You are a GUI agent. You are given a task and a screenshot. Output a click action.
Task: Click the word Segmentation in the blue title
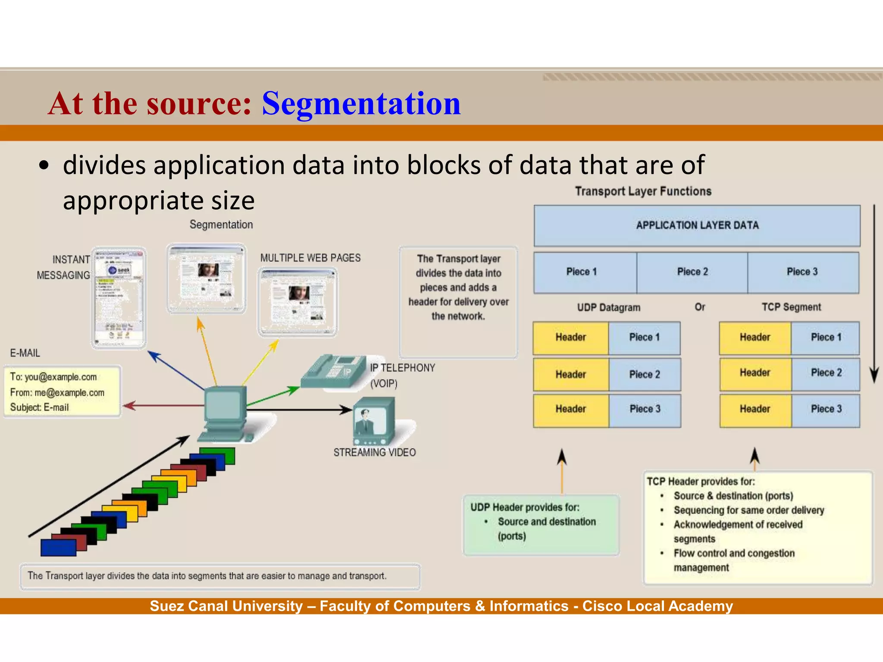(361, 104)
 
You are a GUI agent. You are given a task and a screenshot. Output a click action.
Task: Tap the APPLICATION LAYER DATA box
(697, 225)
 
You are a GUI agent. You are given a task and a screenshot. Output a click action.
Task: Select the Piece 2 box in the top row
(692, 272)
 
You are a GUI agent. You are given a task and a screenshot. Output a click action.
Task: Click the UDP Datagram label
(608, 307)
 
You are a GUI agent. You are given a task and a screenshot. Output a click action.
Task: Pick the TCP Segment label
(791, 307)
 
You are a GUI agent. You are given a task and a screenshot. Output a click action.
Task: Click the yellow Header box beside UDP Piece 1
(570, 337)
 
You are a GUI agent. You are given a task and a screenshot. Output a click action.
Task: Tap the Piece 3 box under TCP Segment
(826, 409)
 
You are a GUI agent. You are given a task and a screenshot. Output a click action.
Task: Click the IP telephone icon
(332, 371)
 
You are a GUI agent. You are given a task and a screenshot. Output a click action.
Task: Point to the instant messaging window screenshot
(119, 297)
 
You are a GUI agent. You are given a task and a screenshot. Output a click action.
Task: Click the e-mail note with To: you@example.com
(62, 392)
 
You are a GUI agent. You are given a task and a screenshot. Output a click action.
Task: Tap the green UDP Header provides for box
(541, 525)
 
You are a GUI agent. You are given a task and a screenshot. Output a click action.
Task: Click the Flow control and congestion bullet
(734, 553)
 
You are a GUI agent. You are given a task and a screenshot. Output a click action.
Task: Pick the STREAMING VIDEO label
(374, 453)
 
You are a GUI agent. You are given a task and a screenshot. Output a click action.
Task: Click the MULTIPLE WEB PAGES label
(310, 258)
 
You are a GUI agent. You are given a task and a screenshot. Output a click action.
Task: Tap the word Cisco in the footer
(602, 606)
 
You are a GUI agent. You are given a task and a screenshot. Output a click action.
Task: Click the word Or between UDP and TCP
(700, 307)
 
